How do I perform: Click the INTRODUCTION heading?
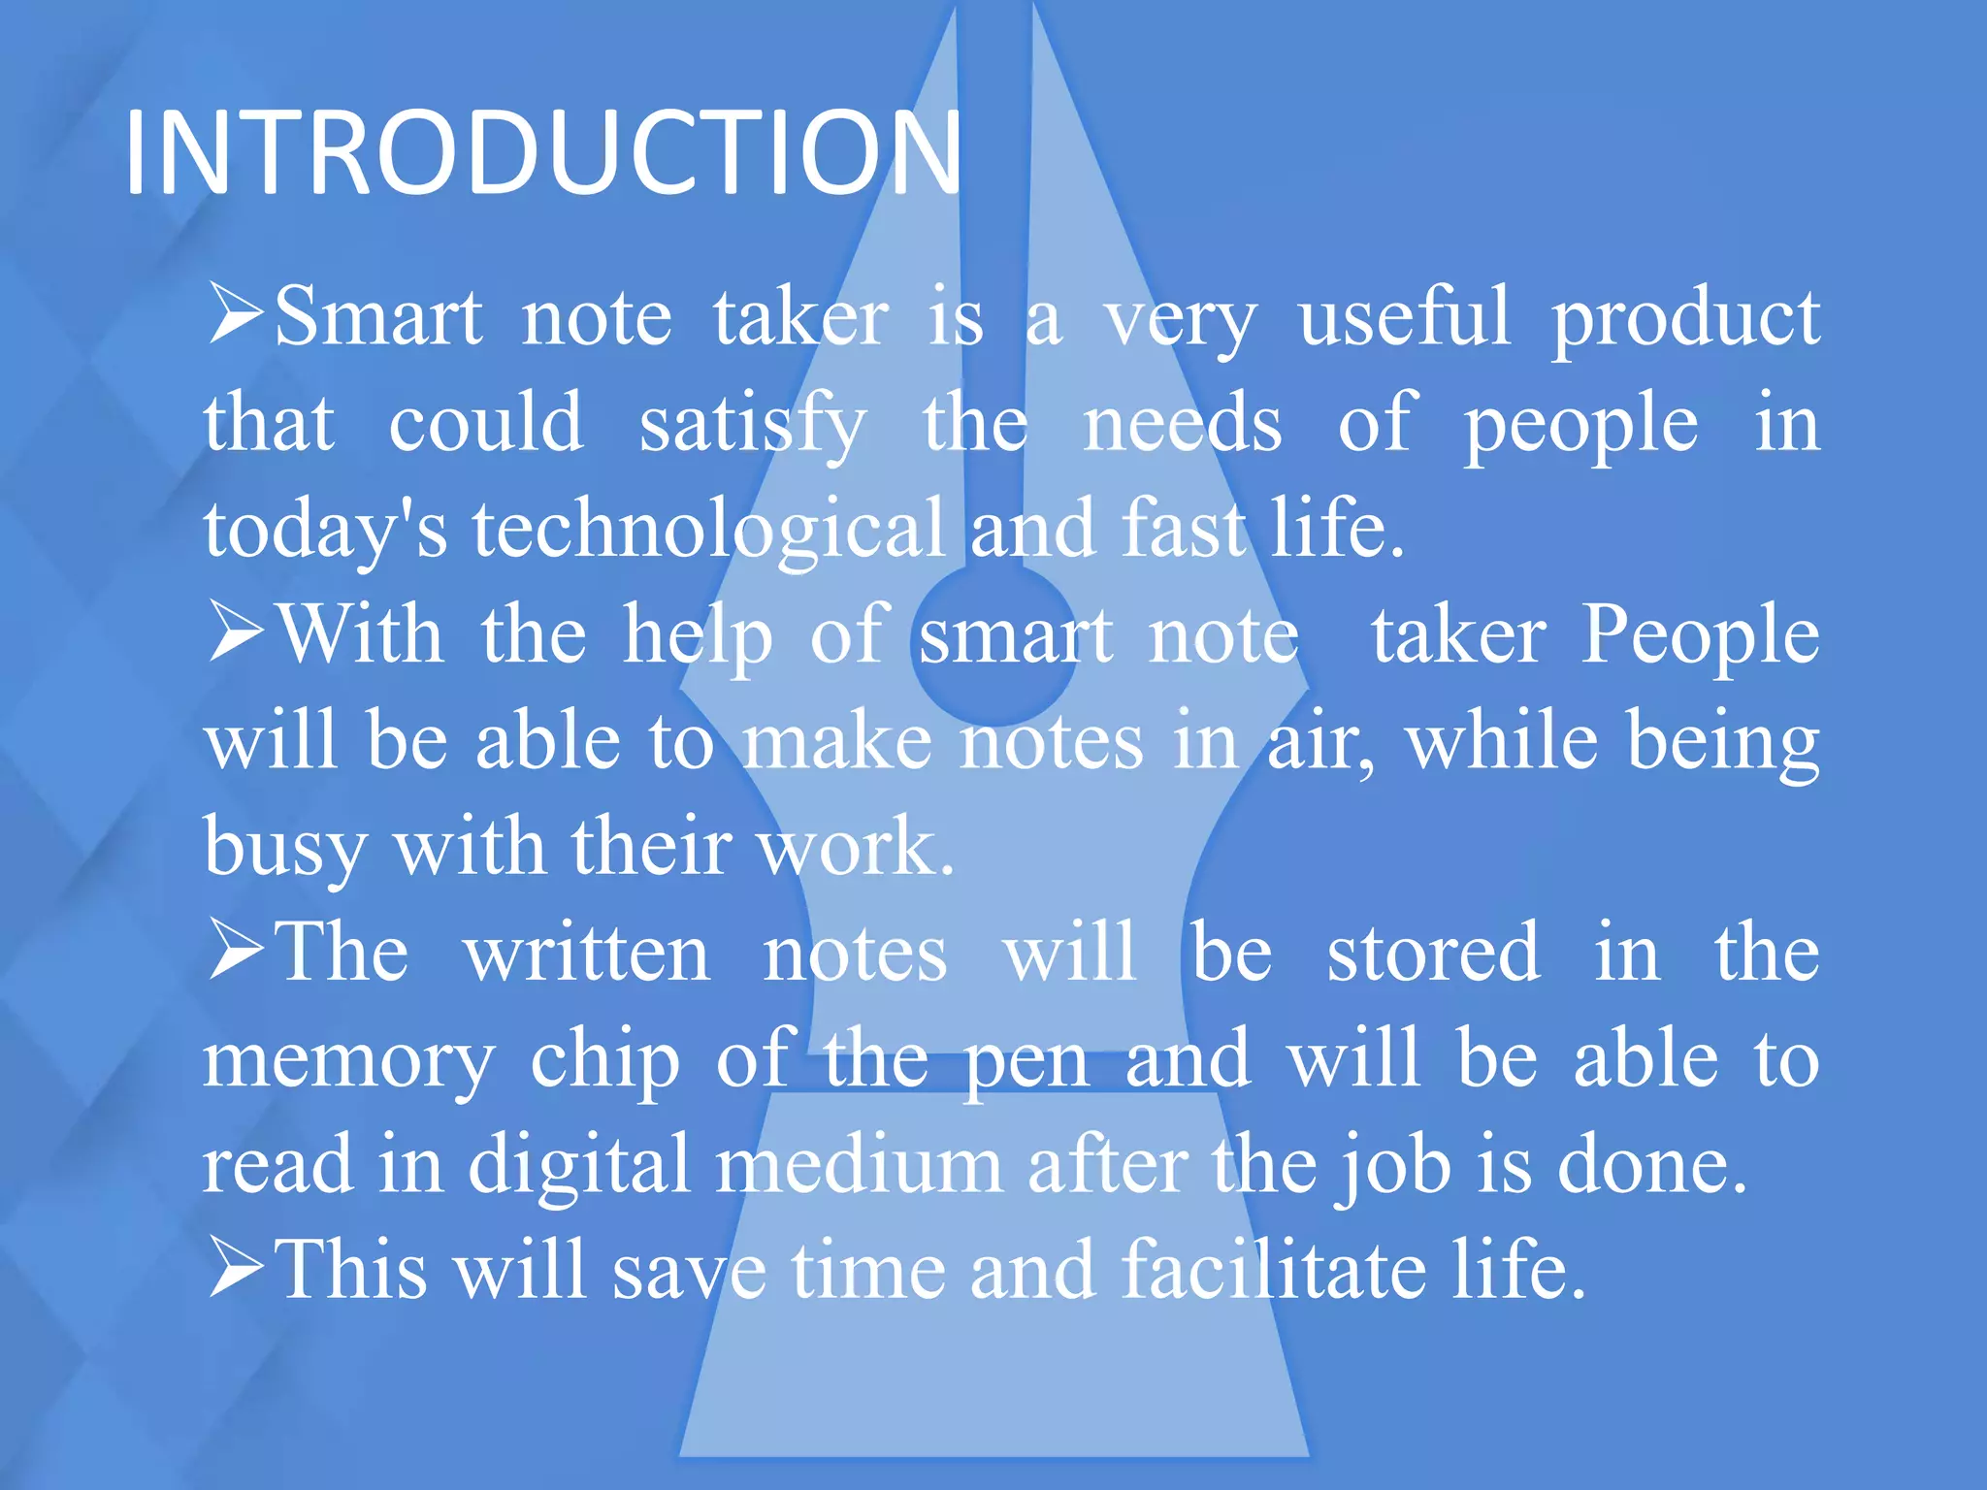pos(543,153)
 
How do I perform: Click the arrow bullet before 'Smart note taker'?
pos(236,314)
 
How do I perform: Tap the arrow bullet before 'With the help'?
pos(236,632)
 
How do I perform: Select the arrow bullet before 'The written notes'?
pos(236,951)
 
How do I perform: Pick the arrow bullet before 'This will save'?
pos(236,1268)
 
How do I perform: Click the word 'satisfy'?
pos(752,425)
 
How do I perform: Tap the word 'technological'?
pos(709,530)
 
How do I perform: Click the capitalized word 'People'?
pos(1700,634)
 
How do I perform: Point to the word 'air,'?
pos(1320,741)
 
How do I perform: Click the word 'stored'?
pos(1433,953)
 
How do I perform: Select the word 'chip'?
pos(604,1059)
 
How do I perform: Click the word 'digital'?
pos(579,1164)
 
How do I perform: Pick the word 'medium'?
pos(859,1164)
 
